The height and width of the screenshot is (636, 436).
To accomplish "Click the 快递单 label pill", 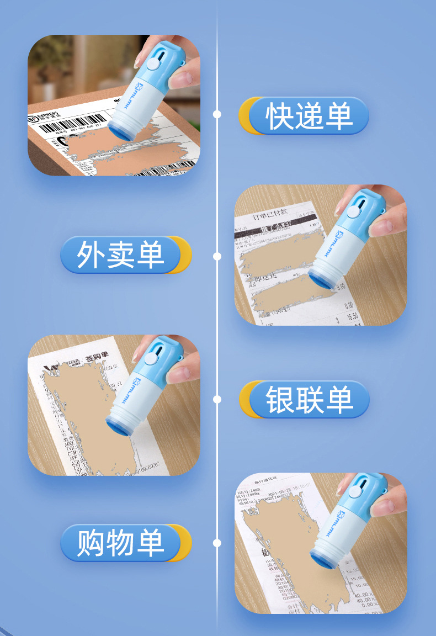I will click(x=309, y=116).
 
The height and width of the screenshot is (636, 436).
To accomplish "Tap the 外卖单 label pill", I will click(x=121, y=255).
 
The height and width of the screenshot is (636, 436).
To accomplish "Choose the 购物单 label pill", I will click(x=121, y=543).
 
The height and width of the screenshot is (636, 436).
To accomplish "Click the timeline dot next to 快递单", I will click(x=217, y=114).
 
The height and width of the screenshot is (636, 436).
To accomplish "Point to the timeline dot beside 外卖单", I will click(x=217, y=256).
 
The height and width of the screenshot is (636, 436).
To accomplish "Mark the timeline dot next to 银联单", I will click(x=217, y=399).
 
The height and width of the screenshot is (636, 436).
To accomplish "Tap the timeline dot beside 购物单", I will click(x=217, y=543).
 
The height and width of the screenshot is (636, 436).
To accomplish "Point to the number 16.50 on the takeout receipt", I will click(x=352, y=316).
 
